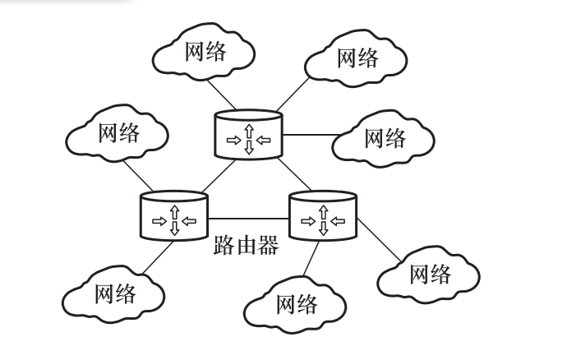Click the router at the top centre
pyautogui.click(x=248, y=134)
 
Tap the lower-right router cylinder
pyautogui.click(x=323, y=215)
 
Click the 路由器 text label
pyautogui.click(x=247, y=245)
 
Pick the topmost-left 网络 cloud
pyautogui.click(x=205, y=53)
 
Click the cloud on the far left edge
pyautogui.click(x=118, y=132)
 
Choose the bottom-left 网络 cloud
pyautogui.click(x=114, y=293)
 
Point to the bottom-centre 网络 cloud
pyautogui.click(x=297, y=305)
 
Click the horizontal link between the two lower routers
pyautogui.click(x=248, y=219)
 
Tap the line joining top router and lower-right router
pyautogui.click(x=293, y=173)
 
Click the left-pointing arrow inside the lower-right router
pyautogui.click(x=338, y=220)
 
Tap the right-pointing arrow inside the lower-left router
pyautogui.click(x=159, y=220)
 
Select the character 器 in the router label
pyautogui.click(x=268, y=245)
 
